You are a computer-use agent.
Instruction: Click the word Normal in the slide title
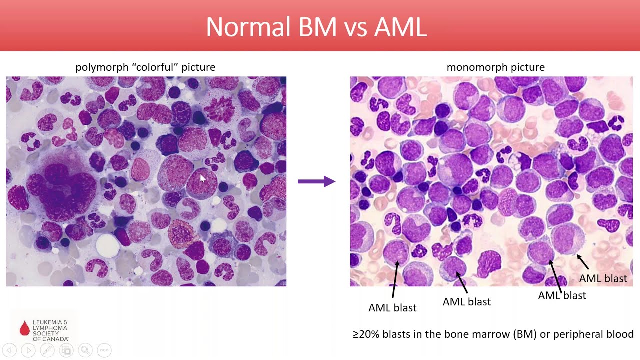click(248, 27)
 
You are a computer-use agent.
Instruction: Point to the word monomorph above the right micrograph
click(475, 67)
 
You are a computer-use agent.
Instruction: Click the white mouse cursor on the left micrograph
click(202, 178)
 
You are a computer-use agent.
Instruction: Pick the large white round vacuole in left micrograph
click(107, 245)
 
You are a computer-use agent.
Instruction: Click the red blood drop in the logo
click(24, 328)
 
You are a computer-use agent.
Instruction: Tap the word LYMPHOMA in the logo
click(49, 328)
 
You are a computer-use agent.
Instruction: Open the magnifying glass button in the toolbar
click(85, 350)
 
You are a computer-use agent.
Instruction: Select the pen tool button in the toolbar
click(47, 350)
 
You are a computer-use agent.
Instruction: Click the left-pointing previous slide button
click(9, 350)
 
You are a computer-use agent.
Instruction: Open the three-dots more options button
click(104, 350)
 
